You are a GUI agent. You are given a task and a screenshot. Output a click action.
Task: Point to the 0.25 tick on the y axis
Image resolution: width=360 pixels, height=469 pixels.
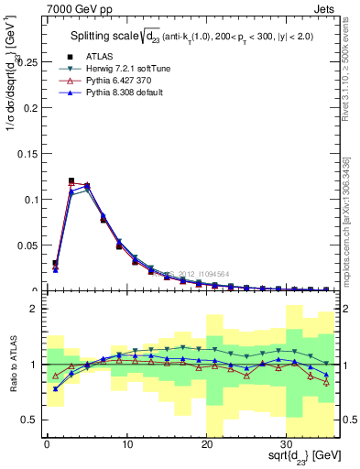27,61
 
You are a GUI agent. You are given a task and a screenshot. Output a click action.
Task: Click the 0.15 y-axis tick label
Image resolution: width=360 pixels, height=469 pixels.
27,153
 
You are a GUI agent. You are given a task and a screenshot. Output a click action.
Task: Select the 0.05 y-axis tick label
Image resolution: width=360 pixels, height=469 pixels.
27,245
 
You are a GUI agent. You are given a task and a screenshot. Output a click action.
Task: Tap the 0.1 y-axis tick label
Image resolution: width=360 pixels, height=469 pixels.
30,199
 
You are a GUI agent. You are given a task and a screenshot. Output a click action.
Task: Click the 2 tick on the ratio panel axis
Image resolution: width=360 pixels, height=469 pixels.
34,309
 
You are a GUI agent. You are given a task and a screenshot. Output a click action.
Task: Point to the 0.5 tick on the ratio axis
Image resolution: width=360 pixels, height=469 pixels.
30,420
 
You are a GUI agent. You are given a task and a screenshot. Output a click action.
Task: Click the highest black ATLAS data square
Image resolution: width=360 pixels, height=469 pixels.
71,180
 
